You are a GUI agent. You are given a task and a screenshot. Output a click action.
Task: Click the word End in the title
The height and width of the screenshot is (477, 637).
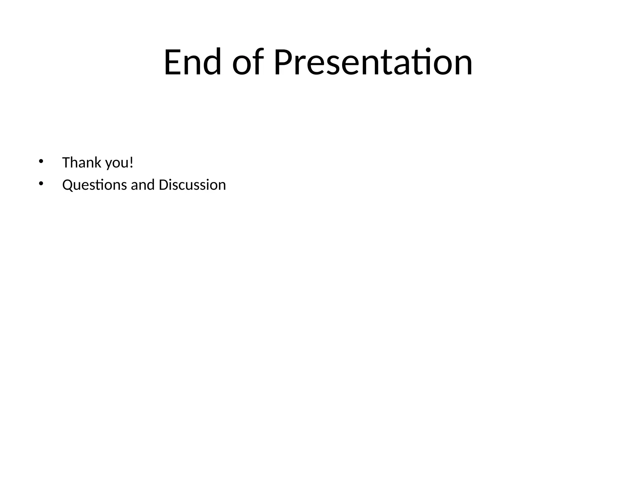tap(192, 62)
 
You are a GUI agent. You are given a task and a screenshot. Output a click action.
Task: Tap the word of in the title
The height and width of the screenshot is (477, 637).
tap(248, 62)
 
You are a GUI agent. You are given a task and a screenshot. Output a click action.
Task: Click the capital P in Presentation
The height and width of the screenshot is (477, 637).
tap(283, 62)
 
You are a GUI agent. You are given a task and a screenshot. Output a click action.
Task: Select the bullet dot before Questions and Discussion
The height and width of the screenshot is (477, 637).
tap(40, 184)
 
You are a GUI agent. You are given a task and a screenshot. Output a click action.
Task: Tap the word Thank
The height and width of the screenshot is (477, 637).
tap(82, 162)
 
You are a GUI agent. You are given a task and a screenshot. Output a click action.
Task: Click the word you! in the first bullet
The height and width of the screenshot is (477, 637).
tap(119, 163)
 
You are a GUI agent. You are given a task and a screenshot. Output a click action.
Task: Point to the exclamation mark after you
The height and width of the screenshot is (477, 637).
tap(131, 162)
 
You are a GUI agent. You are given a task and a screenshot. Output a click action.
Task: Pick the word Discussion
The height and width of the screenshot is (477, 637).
tap(192, 185)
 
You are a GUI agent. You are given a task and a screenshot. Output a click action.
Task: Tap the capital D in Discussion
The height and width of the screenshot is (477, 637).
tap(163, 185)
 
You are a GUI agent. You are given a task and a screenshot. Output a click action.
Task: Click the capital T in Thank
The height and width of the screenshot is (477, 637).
tap(66, 162)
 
